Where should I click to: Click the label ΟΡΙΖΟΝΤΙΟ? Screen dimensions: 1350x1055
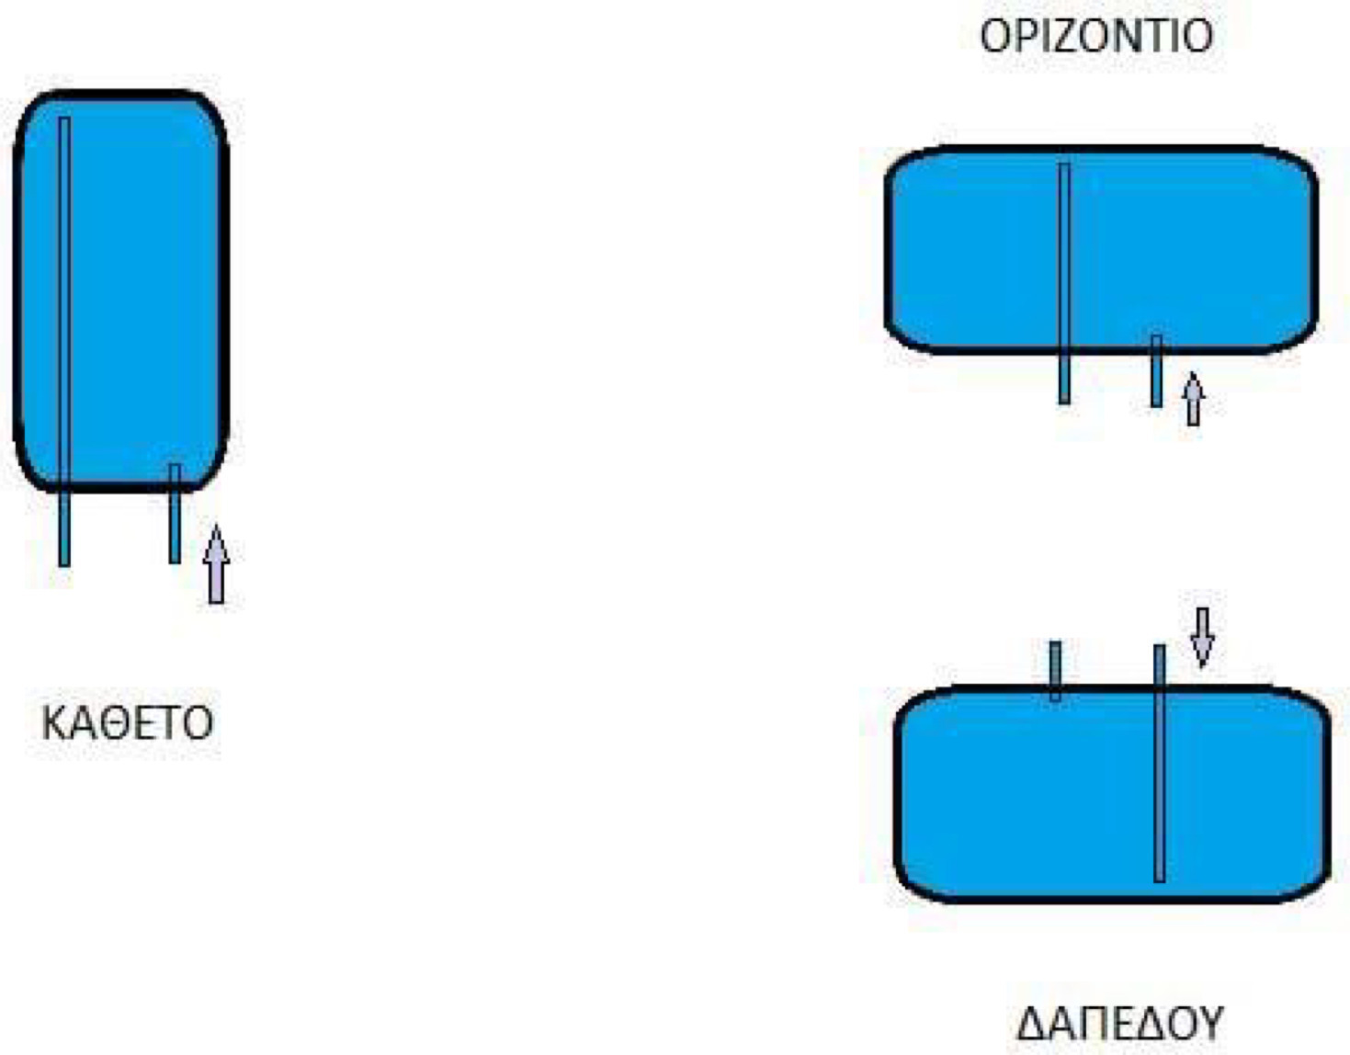(1096, 36)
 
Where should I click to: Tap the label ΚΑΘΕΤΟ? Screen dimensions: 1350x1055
(128, 723)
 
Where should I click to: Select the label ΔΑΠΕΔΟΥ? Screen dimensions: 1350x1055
(1119, 1024)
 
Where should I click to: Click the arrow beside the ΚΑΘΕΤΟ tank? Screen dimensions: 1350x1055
(216, 564)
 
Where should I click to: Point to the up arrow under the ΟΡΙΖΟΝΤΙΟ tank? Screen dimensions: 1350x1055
(1193, 399)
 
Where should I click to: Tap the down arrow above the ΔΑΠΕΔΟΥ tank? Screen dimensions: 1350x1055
(1203, 638)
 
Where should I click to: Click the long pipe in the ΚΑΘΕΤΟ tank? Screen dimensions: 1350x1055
(64, 342)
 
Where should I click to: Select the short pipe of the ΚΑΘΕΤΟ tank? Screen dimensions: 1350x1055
(176, 514)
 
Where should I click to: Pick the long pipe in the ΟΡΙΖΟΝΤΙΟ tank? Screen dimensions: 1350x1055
(1064, 284)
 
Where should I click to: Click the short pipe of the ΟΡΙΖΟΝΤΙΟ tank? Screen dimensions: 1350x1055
(1156, 371)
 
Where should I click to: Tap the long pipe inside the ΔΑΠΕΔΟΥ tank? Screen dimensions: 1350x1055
(1159, 763)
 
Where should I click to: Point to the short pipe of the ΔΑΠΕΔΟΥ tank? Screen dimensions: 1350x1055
(1055, 671)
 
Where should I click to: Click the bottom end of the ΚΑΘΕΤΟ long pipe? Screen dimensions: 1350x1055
(64, 566)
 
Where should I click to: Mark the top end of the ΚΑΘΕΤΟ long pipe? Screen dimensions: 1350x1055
(64, 118)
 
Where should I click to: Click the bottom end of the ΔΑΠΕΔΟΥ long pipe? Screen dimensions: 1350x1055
(1159, 881)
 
